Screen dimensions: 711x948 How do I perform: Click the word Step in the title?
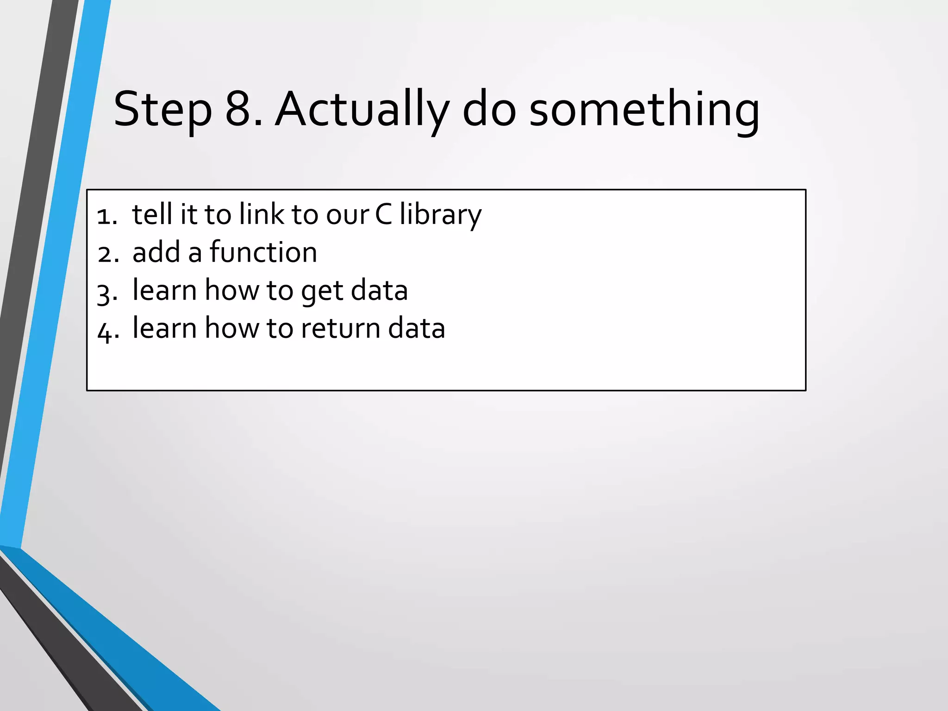click(x=162, y=110)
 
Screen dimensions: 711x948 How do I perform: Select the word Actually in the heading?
click(x=362, y=110)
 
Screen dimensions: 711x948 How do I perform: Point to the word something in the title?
click(x=644, y=110)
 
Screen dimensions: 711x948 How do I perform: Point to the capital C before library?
click(x=383, y=215)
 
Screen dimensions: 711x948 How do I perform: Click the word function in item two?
click(x=263, y=252)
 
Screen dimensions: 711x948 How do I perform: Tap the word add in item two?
click(x=156, y=252)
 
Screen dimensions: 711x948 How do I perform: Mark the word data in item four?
click(x=416, y=328)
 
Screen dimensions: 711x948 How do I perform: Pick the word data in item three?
click(x=379, y=290)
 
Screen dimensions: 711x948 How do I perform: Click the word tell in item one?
click(x=152, y=214)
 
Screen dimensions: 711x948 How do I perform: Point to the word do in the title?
click(x=489, y=110)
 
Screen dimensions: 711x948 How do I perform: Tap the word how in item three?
click(x=232, y=290)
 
